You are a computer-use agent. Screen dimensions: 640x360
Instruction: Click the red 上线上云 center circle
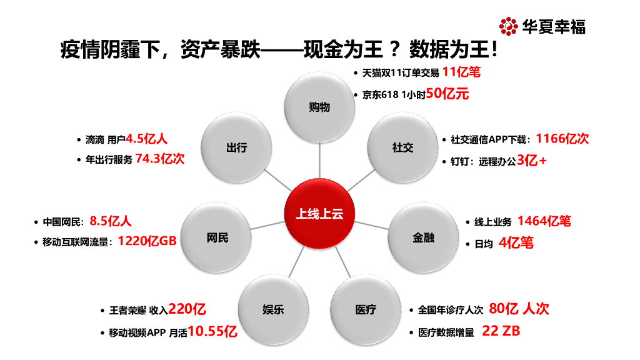[319, 214]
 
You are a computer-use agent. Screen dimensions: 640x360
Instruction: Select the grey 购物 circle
[319, 107]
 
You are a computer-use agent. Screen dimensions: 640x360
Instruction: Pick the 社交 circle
[402, 147]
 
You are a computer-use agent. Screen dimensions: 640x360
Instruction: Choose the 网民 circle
[217, 237]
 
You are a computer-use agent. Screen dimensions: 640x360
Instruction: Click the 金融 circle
[423, 237]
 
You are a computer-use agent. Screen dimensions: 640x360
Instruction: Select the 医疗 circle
[366, 309]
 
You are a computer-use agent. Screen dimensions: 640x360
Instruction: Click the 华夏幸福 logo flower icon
[508, 26]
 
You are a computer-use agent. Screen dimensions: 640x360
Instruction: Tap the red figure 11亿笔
[461, 72]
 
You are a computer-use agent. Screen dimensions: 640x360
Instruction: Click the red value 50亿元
[447, 94]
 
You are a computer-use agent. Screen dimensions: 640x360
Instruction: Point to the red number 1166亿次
[562, 139]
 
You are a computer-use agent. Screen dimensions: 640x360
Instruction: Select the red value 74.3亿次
[160, 159]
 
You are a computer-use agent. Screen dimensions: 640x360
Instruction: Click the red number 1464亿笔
[544, 221]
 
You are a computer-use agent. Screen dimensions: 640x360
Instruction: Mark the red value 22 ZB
[501, 331]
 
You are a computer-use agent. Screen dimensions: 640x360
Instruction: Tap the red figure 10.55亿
[212, 332]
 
